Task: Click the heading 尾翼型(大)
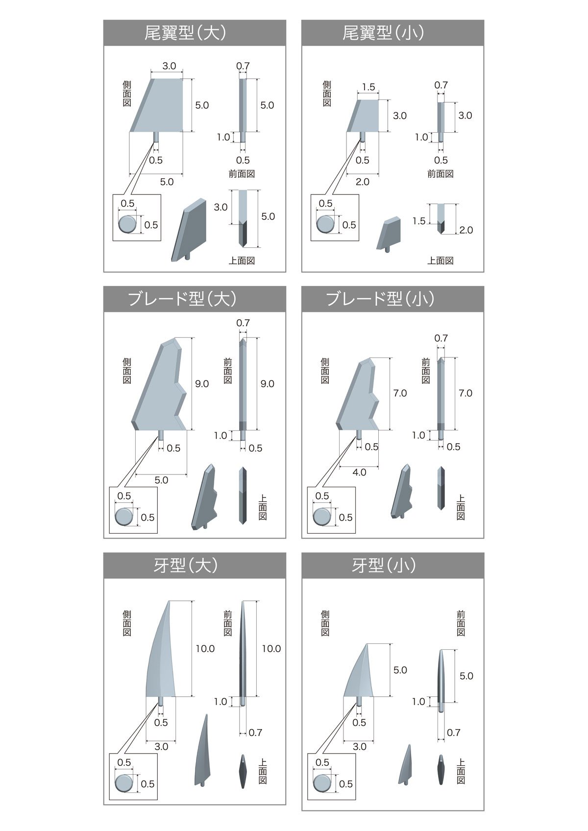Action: pyautogui.click(x=185, y=33)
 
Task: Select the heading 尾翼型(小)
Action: pyautogui.click(x=383, y=33)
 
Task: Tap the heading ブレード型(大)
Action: pyautogui.click(x=182, y=299)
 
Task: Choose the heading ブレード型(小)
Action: pyautogui.click(x=380, y=299)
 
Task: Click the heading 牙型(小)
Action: pyautogui.click(x=384, y=566)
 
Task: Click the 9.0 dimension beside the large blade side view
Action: pyautogui.click(x=202, y=384)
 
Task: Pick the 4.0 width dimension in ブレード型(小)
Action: pyautogui.click(x=359, y=472)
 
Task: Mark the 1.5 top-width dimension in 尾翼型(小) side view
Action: pyautogui.click(x=368, y=87)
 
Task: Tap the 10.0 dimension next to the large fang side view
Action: pyautogui.click(x=205, y=648)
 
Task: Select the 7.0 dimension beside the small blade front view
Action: pyautogui.click(x=465, y=393)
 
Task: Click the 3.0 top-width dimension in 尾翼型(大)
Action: pyautogui.click(x=169, y=66)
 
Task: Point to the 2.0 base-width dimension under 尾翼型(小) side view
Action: pyautogui.click(x=362, y=182)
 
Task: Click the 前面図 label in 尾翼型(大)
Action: pyautogui.click(x=242, y=174)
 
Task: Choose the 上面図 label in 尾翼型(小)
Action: pyautogui.click(x=440, y=261)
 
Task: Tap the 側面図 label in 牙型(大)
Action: pyautogui.click(x=127, y=623)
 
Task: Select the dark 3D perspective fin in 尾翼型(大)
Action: pyautogui.click(x=189, y=230)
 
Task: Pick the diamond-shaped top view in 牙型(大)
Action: pyautogui.click(x=243, y=771)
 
